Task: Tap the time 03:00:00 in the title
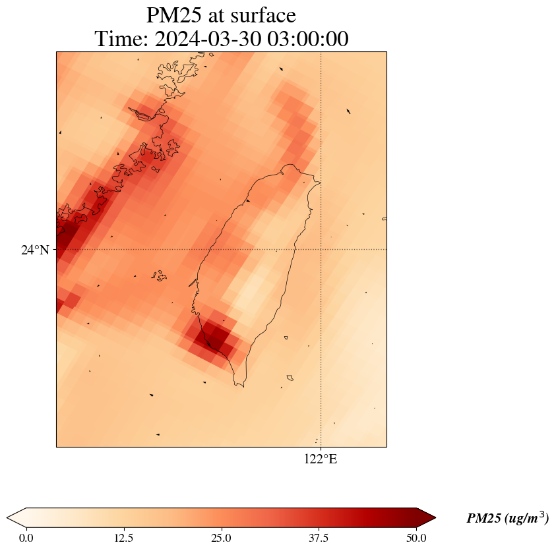tap(307, 40)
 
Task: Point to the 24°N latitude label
tap(35, 250)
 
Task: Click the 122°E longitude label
tap(321, 459)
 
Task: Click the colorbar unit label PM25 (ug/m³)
tap(507, 519)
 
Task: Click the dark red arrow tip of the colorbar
tap(427, 517)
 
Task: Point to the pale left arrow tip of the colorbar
tap(15, 517)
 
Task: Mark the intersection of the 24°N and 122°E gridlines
tap(321, 250)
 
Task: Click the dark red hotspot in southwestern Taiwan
tap(215, 336)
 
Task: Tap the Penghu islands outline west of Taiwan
tap(158, 275)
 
